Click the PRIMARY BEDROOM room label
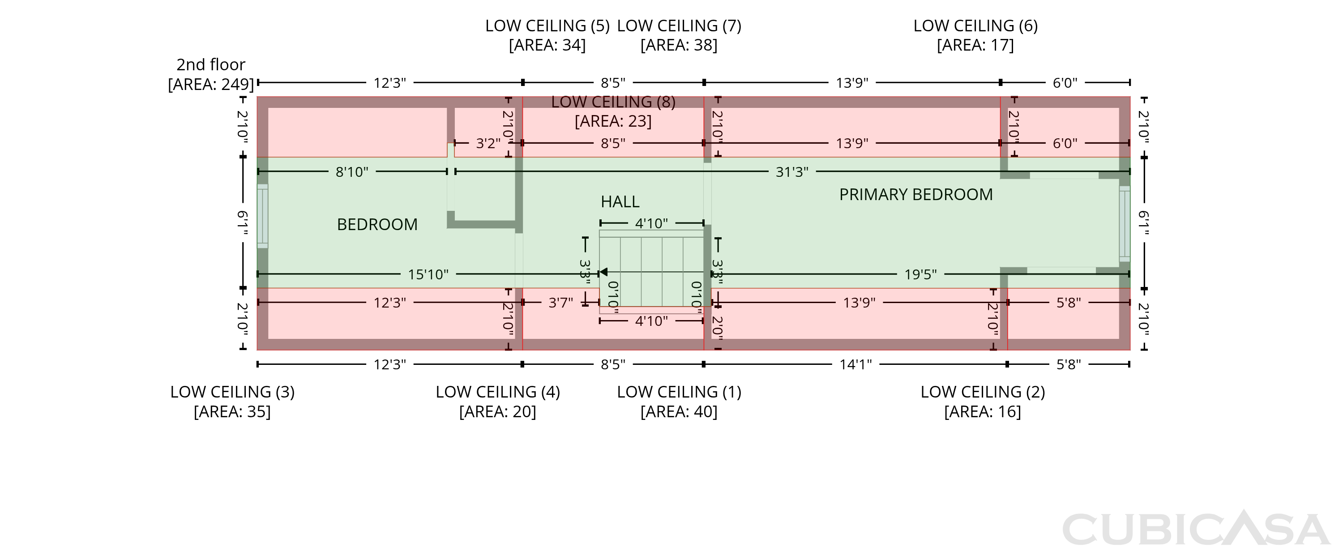(915, 195)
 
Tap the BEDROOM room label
(377, 224)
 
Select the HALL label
(620, 201)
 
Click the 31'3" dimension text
(792, 171)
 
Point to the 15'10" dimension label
(428, 274)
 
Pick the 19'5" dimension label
(920, 274)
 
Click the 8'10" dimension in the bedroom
(352, 171)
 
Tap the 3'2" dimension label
(488, 143)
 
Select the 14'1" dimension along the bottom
(855, 364)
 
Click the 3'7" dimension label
(560, 303)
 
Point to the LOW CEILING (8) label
(613, 102)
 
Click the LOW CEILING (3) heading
(232, 392)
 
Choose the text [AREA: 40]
(679, 411)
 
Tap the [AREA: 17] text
(975, 45)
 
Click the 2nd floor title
(210, 64)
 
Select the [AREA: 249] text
(210, 85)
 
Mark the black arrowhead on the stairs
(603, 272)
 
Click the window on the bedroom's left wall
(262, 216)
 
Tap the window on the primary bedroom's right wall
(1125, 224)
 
